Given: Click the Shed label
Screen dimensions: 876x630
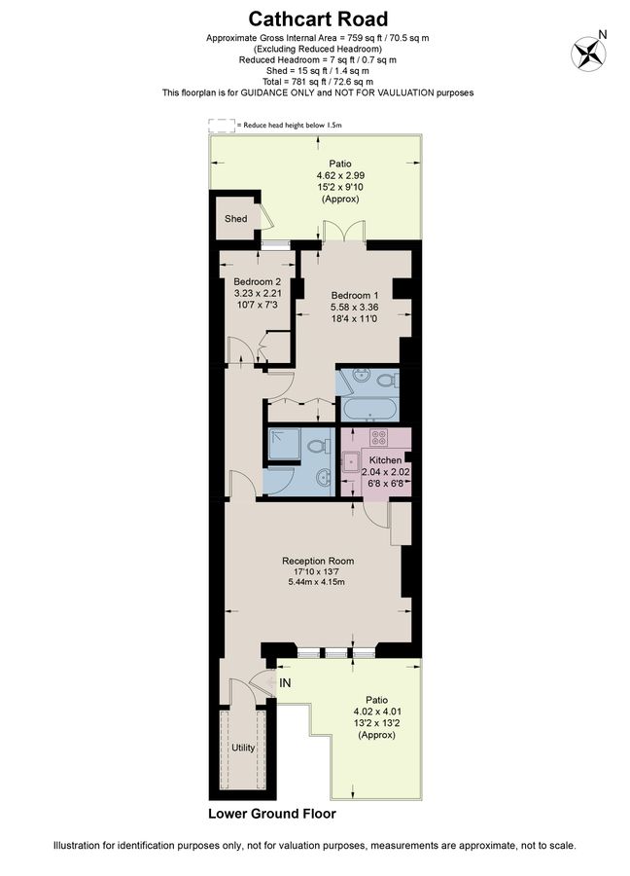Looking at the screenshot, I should coord(236,219).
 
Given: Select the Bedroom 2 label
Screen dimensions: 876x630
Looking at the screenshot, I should coord(256,281).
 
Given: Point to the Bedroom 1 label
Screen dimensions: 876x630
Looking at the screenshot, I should coord(355,295).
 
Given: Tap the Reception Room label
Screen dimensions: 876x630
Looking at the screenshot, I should coord(318,561).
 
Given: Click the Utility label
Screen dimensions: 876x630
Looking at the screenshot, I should coord(243,748).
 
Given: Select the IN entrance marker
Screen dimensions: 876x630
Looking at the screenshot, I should coord(285,684).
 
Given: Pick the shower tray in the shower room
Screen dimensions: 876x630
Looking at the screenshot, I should coord(284,445).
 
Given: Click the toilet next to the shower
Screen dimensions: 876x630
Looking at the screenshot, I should coord(315,447).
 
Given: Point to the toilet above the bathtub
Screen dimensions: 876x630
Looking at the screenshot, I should coord(386,380).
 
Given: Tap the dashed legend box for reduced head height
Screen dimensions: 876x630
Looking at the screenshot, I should coord(222,125).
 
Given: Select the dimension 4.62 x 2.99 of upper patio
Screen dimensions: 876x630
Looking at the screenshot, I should coord(340,175).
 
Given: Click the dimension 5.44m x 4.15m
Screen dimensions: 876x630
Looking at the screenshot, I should coord(318,582).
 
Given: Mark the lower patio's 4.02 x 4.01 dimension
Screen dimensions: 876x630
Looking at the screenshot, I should coord(376,712).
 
